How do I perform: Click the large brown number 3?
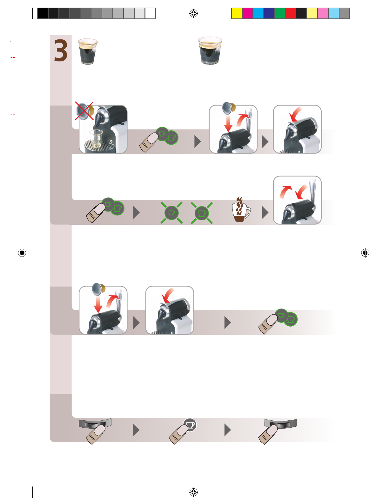coord(61,50)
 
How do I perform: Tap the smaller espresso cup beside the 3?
coord(88,51)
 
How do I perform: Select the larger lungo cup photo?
coord(210,50)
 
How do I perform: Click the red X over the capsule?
coord(84,111)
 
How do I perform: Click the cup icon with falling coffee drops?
coord(241,210)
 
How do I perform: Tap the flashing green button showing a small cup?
coord(171,213)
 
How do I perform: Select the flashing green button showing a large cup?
coord(202,213)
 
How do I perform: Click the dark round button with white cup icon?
coord(190,425)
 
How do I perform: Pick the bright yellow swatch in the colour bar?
coord(237,13)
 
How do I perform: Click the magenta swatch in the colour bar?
coord(247,13)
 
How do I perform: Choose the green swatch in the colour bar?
coord(280,13)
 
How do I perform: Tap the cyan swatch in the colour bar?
coord(258,13)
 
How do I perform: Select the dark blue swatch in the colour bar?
coord(269,13)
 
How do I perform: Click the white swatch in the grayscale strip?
coord(150,13)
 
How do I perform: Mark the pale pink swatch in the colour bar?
coord(323,13)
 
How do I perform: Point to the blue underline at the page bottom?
coord(63,501)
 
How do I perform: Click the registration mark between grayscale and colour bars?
coord(194,13)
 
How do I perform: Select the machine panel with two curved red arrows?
coord(297,200)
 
